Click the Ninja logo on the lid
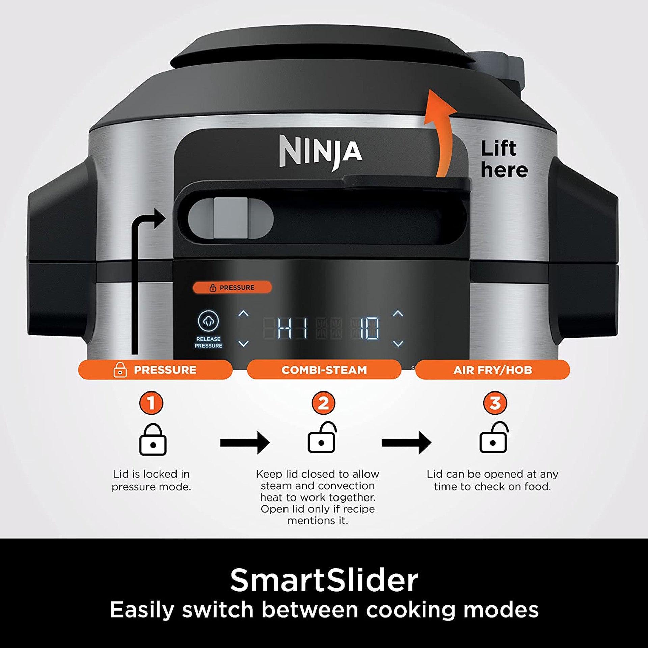[x=321, y=152]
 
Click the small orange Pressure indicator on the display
[x=232, y=287]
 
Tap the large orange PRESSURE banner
[x=155, y=370]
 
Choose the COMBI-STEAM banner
[x=324, y=370]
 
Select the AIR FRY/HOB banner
[x=492, y=370]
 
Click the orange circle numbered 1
[x=151, y=403]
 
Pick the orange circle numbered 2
[x=323, y=403]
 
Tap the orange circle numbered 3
[x=495, y=403]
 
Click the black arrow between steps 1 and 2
[x=245, y=442]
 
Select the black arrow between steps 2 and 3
[x=406, y=442]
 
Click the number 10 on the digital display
[x=369, y=328]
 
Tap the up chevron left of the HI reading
[x=243, y=313]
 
